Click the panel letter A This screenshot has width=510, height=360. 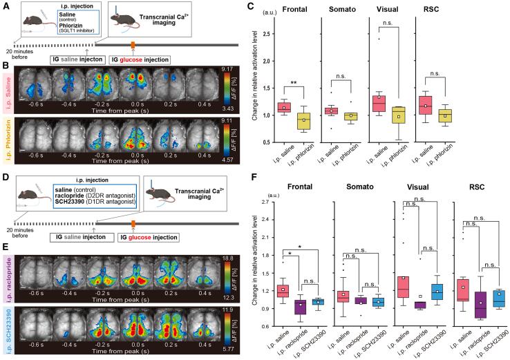(6, 5)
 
